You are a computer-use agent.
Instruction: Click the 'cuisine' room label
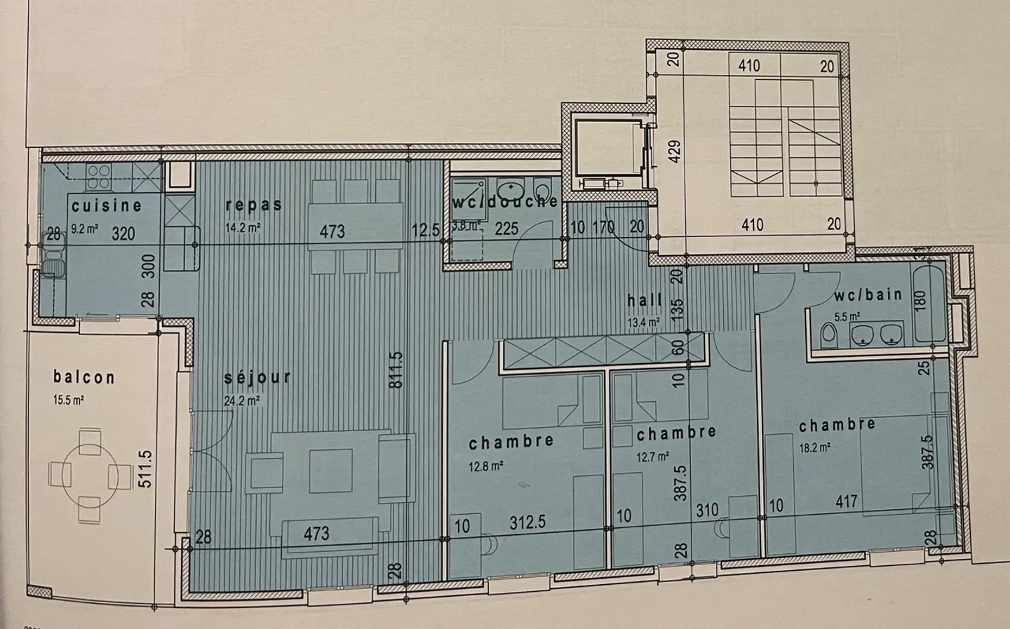tap(107, 205)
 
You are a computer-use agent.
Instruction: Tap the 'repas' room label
tap(254, 204)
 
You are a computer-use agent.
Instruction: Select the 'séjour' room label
tap(257, 377)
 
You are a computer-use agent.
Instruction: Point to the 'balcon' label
tap(84, 377)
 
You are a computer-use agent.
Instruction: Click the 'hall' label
tap(645, 301)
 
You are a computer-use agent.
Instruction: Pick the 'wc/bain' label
tap(868, 295)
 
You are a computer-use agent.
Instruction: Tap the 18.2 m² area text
tap(815, 446)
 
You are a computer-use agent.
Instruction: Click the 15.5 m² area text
tap(69, 400)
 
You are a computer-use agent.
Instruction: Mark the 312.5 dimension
tap(527, 523)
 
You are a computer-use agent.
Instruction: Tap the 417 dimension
tap(847, 502)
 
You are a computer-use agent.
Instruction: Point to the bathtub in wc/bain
tap(930, 303)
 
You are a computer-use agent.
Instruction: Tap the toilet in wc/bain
tap(829, 335)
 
